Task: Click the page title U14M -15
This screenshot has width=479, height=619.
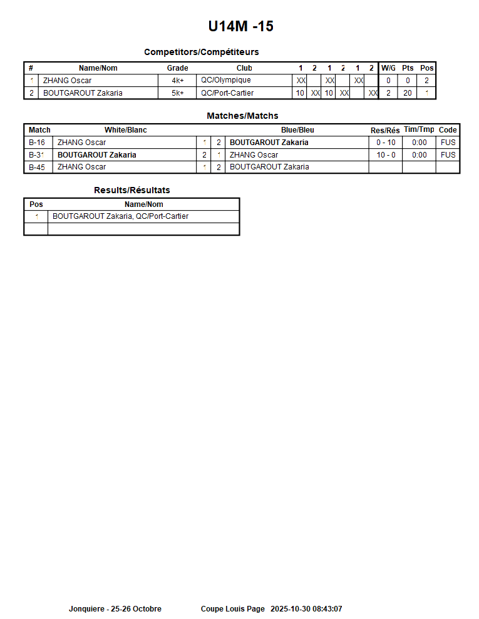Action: click(x=240, y=27)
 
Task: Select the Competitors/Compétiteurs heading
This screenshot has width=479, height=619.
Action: click(x=201, y=52)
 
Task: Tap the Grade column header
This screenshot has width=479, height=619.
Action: click(x=177, y=68)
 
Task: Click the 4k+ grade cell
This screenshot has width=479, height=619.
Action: click(x=178, y=81)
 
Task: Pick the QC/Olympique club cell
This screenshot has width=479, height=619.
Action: click(x=225, y=81)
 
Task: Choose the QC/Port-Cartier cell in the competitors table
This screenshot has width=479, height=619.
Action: click(x=227, y=93)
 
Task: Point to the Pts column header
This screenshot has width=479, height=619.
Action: click(x=408, y=68)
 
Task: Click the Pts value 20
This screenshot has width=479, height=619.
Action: click(x=408, y=93)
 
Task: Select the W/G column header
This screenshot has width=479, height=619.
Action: click(x=388, y=68)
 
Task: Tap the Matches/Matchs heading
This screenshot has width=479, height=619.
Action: click(x=242, y=116)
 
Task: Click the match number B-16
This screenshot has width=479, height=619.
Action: click(x=37, y=143)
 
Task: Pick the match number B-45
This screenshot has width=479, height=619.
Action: click(x=37, y=167)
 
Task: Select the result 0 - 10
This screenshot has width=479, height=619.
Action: click(x=386, y=143)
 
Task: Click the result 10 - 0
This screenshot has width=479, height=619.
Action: click(x=386, y=155)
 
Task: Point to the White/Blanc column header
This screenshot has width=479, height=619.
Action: click(x=125, y=130)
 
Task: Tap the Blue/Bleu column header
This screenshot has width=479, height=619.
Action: click(x=297, y=130)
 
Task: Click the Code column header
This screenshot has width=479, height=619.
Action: click(x=448, y=130)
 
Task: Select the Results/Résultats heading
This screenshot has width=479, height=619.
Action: click(x=131, y=190)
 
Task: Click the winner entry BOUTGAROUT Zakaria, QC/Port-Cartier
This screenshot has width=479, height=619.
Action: click(x=120, y=216)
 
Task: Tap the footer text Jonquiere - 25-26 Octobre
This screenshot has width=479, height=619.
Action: click(x=115, y=609)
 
